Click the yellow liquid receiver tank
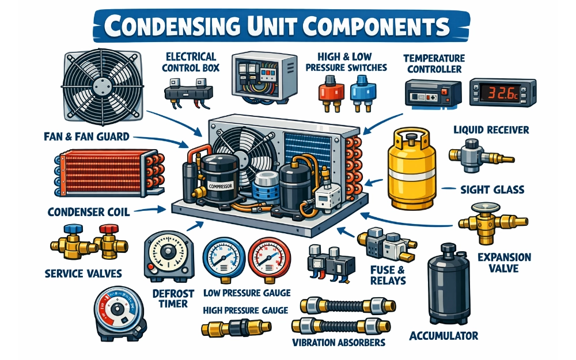(410, 170)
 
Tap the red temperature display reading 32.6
(494, 92)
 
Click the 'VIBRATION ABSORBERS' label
(339, 343)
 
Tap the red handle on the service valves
(108, 229)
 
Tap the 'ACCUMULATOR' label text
(444, 335)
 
